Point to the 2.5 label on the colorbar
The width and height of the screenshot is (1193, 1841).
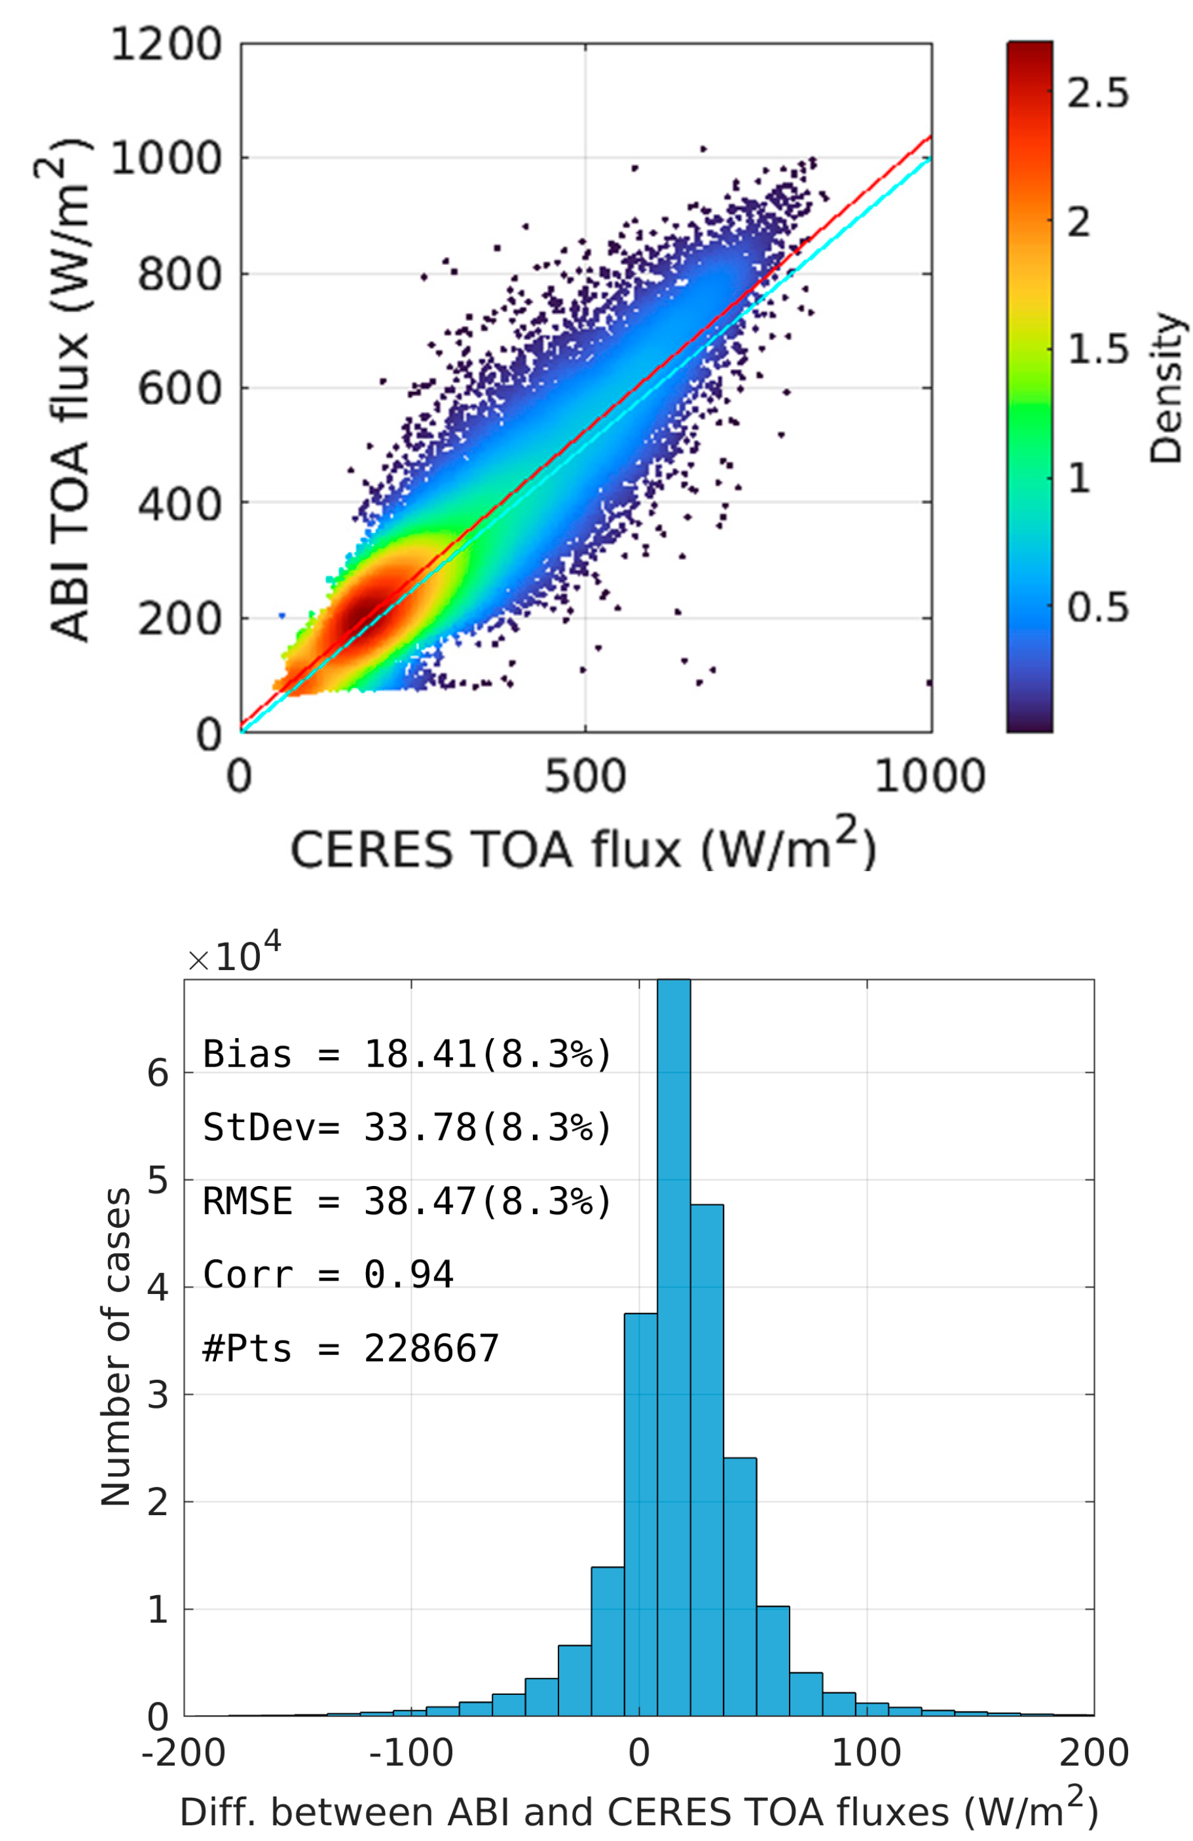pyautogui.click(x=1097, y=93)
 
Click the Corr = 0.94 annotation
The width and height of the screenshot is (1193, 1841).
pyautogui.click(x=327, y=1275)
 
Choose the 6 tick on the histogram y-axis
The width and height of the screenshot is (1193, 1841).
pyautogui.click(x=158, y=1074)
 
